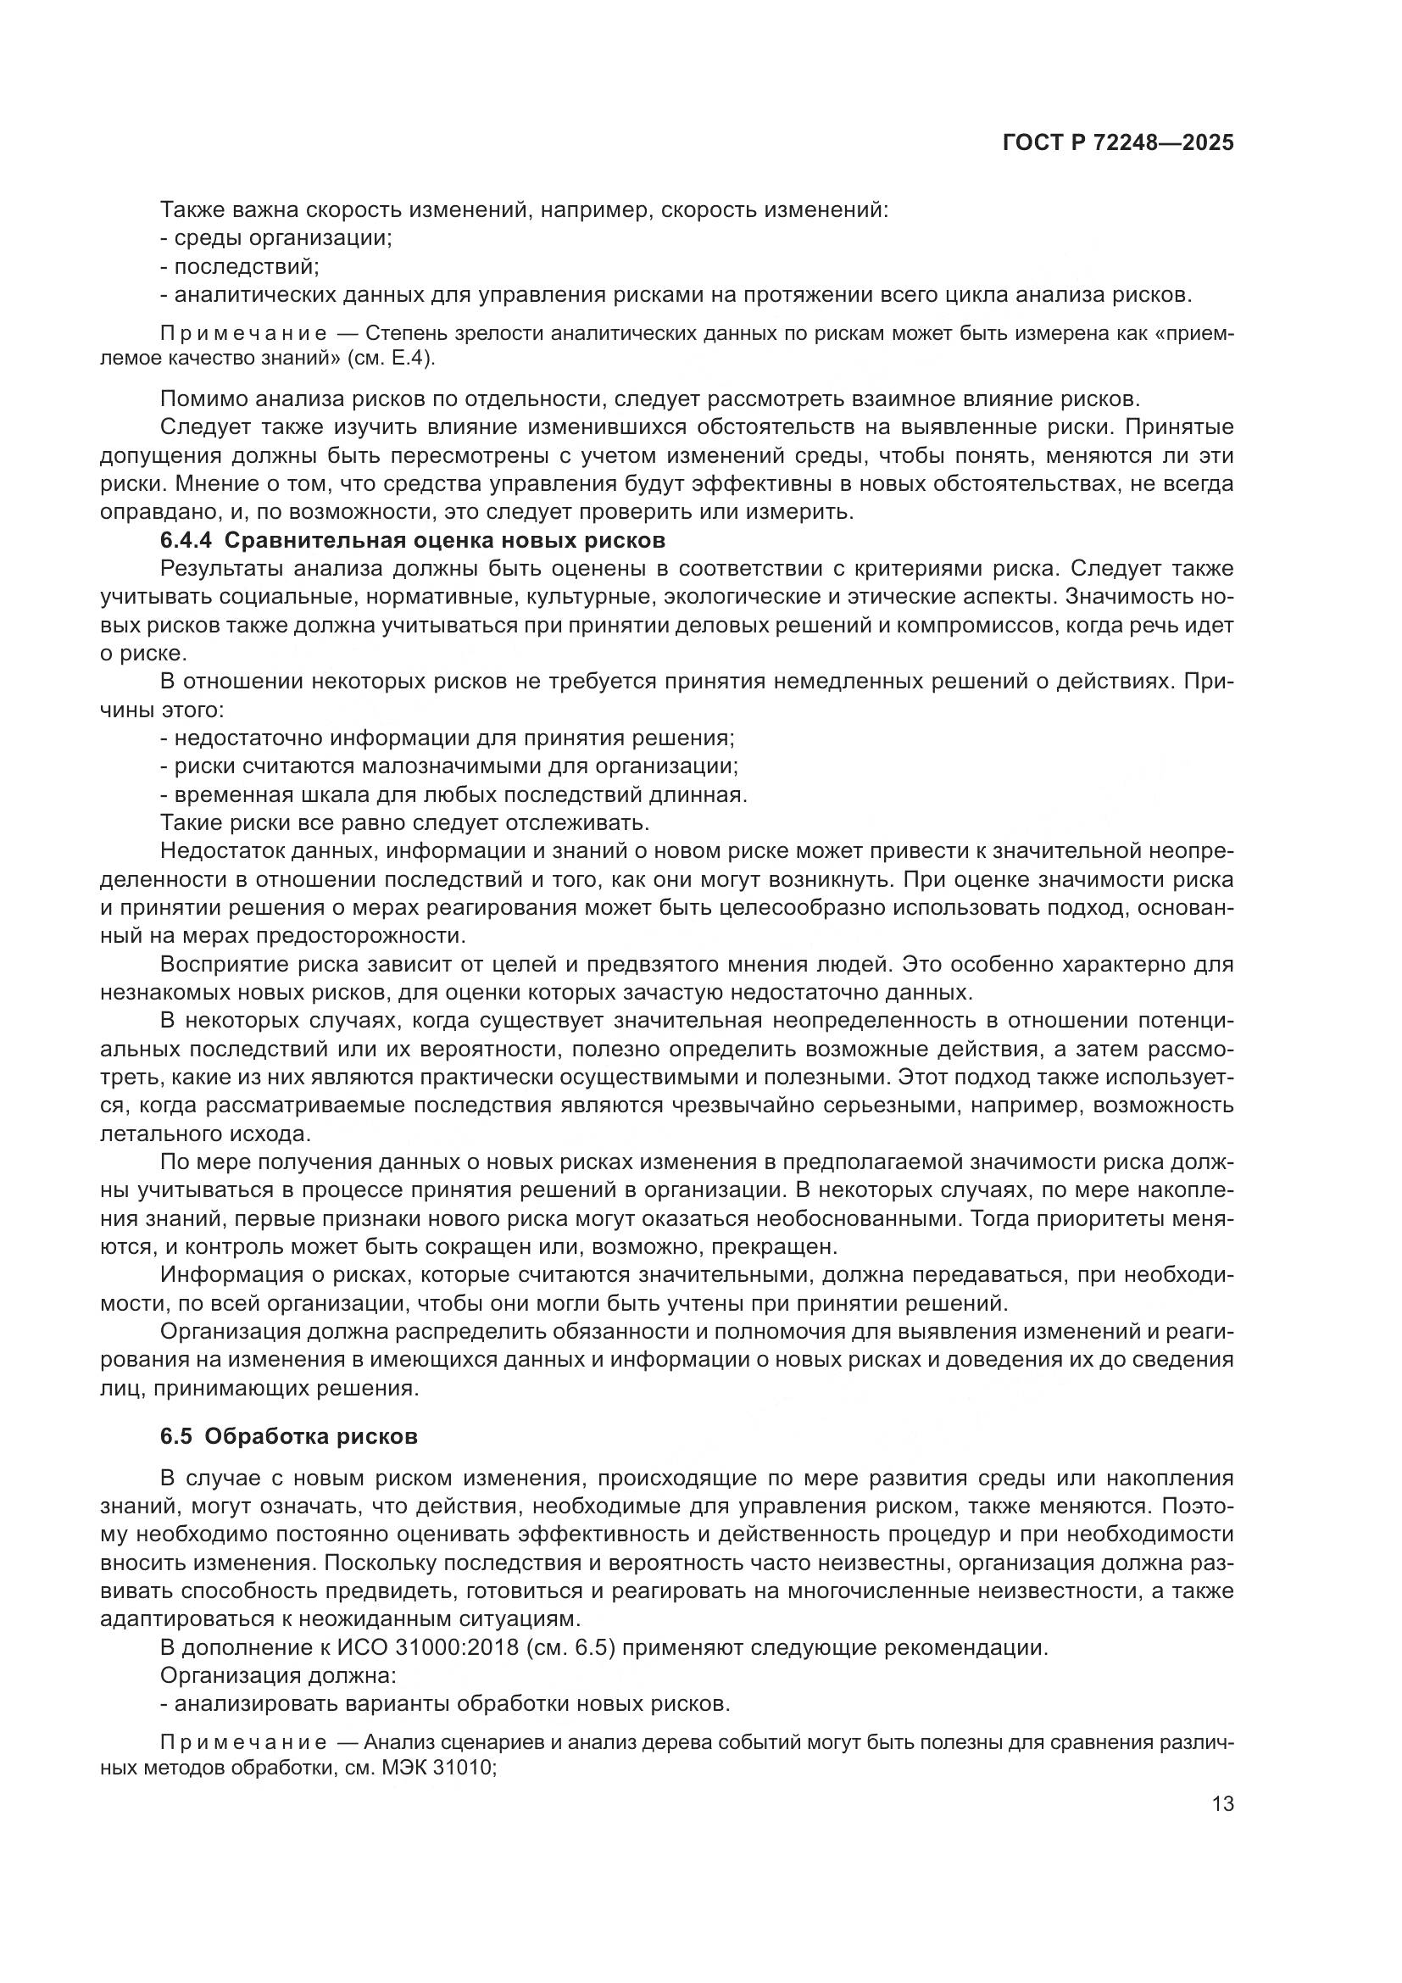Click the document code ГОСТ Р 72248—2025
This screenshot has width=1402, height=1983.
point(1118,143)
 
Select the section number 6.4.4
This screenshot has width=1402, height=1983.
point(186,541)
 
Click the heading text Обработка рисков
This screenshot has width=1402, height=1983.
point(312,1436)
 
